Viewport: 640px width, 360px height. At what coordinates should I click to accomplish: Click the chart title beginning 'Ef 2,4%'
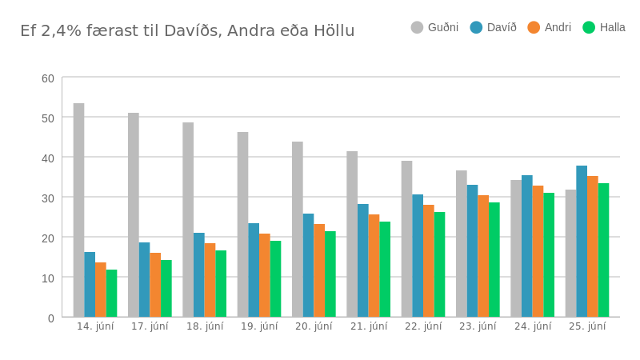187,31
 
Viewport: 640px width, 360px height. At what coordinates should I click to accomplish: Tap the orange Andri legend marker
534,27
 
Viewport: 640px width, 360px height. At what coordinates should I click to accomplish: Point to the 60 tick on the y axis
48,78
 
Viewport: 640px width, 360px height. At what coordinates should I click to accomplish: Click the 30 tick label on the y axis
48,198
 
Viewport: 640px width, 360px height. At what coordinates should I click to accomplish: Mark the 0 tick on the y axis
51,318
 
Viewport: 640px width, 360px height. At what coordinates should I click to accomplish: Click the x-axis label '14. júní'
95,326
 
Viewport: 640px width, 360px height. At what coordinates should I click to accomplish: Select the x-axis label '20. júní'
314,326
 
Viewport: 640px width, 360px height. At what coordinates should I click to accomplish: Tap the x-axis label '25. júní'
587,326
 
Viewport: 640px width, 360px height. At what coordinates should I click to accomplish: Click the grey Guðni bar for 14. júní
78,210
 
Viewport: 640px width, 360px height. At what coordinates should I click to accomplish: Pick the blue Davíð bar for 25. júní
582,241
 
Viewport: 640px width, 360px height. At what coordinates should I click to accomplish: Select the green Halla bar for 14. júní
111,293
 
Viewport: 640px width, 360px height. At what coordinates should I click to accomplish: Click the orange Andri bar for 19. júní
264,275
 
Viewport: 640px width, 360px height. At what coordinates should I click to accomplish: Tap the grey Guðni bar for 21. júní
352,234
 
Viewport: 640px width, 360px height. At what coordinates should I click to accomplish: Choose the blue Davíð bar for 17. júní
144,279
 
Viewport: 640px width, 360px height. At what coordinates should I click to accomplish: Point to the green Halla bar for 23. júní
494,259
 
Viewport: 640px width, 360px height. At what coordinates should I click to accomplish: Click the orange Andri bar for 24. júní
538,251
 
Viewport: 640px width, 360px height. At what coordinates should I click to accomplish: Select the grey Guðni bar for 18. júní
188,219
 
